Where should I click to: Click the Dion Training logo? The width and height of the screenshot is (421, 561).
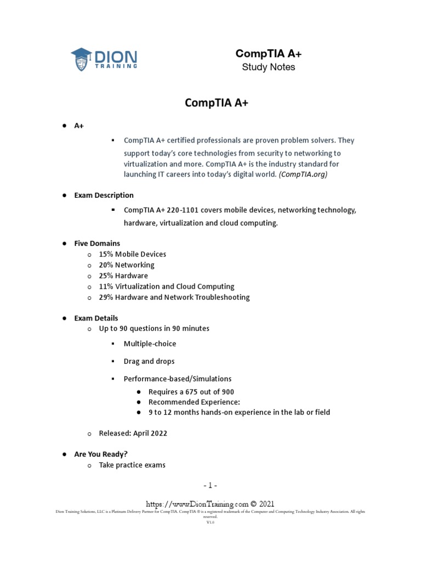pos(104,58)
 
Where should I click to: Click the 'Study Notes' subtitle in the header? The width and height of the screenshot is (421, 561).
pos(268,67)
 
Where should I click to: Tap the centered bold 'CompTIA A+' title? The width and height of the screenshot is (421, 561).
pos(217,103)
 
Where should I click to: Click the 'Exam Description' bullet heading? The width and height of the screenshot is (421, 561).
pos(104,195)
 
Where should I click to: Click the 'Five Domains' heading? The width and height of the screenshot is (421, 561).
pos(97,243)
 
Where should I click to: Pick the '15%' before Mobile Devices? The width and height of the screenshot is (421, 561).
pos(105,254)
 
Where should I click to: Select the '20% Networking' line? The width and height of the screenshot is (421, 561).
pos(126,265)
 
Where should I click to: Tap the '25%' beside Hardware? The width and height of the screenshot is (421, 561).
pos(105,276)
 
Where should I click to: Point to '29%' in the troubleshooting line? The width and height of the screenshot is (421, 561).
pos(105,297)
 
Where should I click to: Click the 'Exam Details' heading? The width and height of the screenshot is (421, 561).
pos(96,318)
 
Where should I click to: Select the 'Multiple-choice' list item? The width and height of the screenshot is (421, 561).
pos(150,344)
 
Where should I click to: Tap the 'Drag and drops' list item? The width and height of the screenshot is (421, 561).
pos(149,362)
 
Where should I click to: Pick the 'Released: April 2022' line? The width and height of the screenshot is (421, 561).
pos(133,433)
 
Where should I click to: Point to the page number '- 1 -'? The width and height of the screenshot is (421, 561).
pos(210,485)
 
